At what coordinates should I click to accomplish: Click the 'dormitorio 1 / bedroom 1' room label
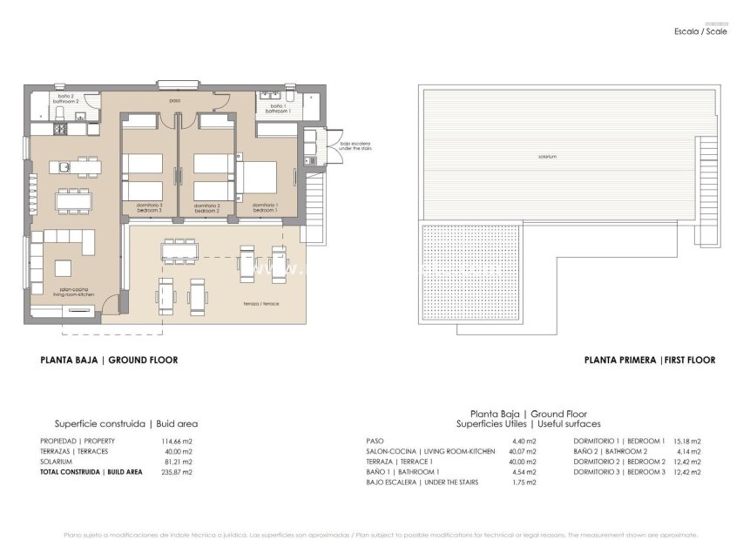click(266, 208)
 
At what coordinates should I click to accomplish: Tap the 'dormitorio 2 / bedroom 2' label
click(206, 208)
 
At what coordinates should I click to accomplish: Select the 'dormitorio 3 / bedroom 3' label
click(150, 208)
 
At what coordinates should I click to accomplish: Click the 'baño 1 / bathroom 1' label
click(277, 108)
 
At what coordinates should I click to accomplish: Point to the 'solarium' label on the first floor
click(547, 157)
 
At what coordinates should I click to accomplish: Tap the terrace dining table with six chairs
click(179, 252)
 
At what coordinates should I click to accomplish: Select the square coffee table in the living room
click(64, 267)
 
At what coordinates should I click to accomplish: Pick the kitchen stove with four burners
click(63, 131)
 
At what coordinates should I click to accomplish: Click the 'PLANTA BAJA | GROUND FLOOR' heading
click(109, 359)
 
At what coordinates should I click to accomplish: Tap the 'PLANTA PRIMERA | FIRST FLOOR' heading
click(650, 359)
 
